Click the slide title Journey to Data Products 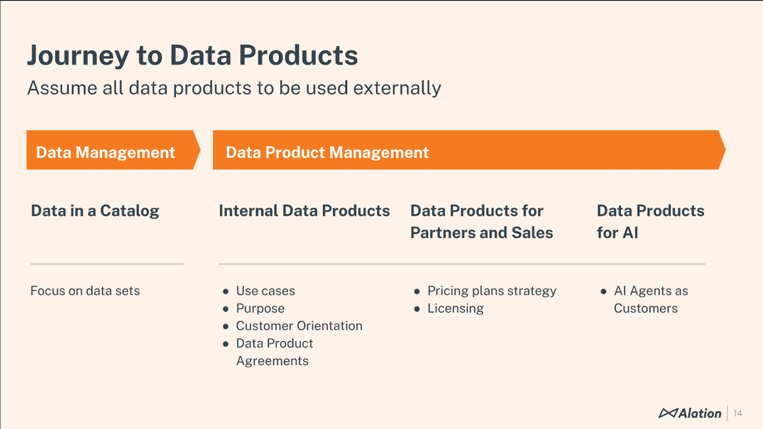point(192,55)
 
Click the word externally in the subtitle point(397,88)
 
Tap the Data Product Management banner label point(327,153)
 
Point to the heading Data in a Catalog point(95,211)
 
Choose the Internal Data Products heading point(304,211)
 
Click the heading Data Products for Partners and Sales point(481,222)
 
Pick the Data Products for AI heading point(650,222)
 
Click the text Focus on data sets point(85,291)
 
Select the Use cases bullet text point(266,291)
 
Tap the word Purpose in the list point(260,308)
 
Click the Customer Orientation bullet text point(299,326)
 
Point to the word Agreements point(272,361)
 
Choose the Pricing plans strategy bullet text point(492,291)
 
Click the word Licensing point(455,308)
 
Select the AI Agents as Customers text point(650,299)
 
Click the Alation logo point(690,413)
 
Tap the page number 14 point(738,413)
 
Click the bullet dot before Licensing point(417,309)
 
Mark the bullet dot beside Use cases point(226,291)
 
